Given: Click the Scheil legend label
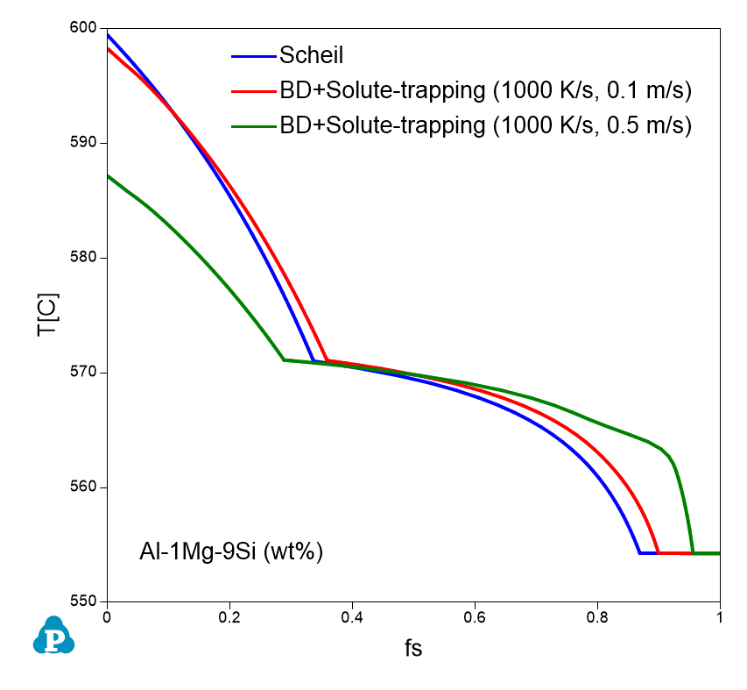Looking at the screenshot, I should [311, 55].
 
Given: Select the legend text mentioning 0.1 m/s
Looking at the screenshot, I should [486, 90].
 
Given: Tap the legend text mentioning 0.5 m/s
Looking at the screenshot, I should [486, 125].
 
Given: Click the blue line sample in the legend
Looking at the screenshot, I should [254, 56].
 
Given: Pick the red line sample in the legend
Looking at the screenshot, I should [254, 91].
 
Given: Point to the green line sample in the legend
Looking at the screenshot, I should [254, 126].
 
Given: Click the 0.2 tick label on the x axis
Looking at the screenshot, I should [229, 616].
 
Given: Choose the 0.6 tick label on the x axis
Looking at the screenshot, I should [475, 616].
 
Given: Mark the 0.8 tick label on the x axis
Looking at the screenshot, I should [597, 616].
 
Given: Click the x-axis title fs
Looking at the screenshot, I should [413, 650].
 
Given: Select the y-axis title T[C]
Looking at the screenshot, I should [46, 314].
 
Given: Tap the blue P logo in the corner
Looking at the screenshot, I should [53, 637].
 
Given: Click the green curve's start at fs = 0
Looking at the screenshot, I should [108, 176].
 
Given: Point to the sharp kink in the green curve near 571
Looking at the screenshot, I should [284, 359].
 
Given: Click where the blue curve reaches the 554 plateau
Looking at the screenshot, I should [640, 553].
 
